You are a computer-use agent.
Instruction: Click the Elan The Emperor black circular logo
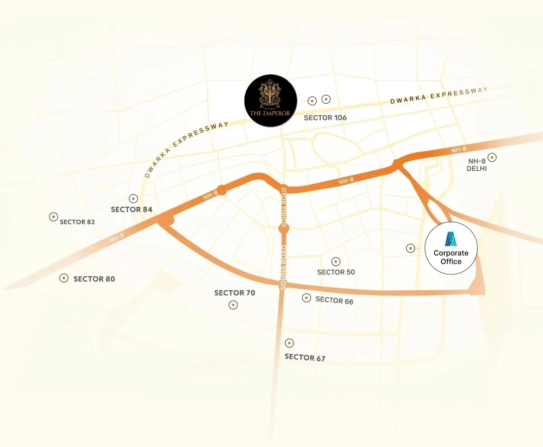tap(271, 101)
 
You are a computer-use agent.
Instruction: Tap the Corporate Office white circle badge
tap(451, 248)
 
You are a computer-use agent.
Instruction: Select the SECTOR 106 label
tap(325, 118)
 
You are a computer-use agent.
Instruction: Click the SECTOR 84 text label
tap(132, 210)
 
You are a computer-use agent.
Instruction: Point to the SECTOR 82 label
tap(77, 222)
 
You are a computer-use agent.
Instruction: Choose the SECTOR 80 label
tap(94, 279)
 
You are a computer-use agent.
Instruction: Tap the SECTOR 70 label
tap(235, 293)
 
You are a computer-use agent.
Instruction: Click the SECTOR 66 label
tap(334, 300)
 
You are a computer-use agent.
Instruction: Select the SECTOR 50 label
tap(336, 272)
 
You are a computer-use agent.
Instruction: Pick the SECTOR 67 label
tap(305, 358)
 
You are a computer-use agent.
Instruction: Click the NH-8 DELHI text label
tap(478, 165)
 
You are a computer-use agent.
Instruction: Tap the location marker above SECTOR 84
tap(133, 198)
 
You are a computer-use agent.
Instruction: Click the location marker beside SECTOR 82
tap(53, 217)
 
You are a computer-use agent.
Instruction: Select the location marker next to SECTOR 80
tap(64, 278)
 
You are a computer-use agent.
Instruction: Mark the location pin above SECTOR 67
tap(290, 343)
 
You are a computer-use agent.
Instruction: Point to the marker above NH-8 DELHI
tap(492, 157)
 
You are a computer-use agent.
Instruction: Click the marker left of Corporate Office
tap(410, 248)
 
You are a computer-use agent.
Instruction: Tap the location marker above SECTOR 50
tap(336, 261)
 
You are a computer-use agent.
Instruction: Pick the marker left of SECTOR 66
tap(307, 298)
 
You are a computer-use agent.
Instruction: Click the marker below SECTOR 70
tap(233, 305)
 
